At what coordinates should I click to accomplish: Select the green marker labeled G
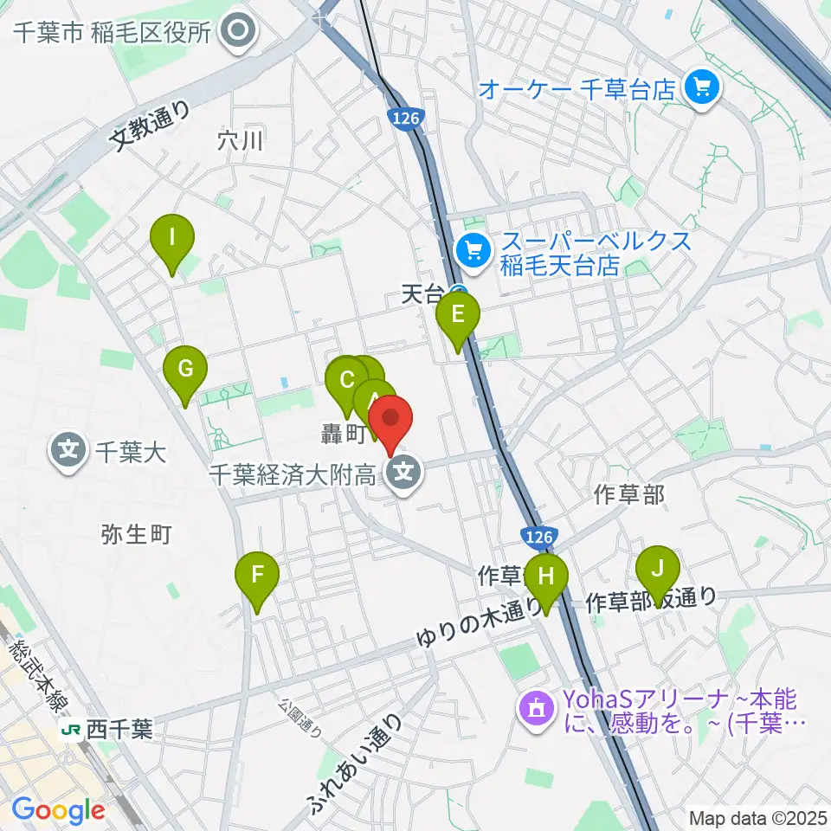point(185,370)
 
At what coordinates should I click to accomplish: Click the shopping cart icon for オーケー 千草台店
point(702,87)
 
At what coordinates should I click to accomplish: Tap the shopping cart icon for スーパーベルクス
point(473,252)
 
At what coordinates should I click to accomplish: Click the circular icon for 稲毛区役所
point(236,33)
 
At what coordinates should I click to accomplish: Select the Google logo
point(59,810)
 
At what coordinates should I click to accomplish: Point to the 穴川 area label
point(240,139)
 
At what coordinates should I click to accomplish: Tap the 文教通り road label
point(152,126)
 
